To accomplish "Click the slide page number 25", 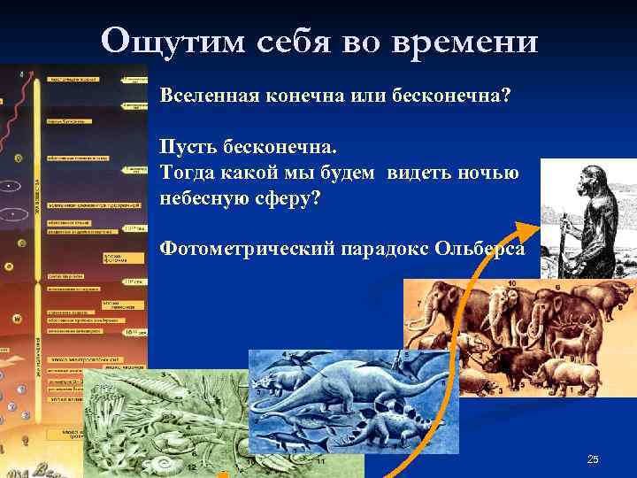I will point(593,459).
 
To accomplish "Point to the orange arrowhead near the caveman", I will point(525,232).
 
